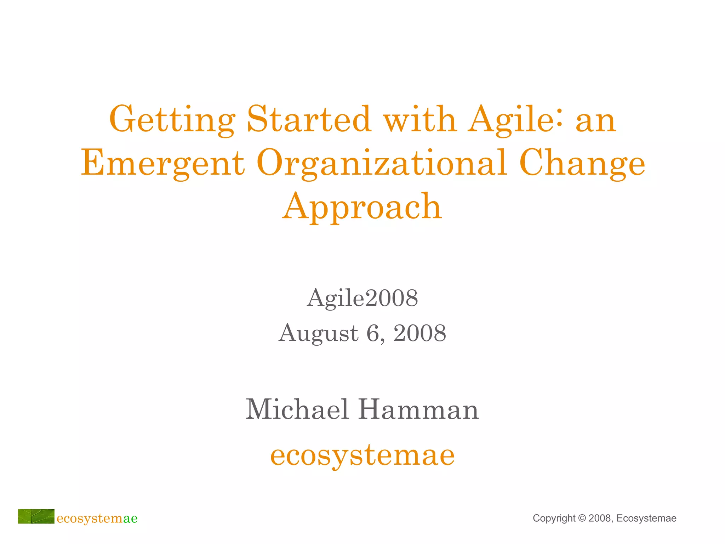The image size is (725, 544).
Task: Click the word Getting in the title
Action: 172,120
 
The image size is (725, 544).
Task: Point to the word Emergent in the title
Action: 163,164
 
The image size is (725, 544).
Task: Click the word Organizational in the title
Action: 382,164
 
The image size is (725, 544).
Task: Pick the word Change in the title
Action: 582,164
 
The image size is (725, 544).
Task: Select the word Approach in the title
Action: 362,207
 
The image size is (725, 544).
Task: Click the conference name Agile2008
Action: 362,298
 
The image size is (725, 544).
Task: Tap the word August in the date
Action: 319,334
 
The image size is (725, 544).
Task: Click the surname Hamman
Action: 418,409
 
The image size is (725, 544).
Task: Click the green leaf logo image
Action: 36,516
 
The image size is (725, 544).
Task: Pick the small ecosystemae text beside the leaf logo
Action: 97,518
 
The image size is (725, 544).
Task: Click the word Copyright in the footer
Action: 554,518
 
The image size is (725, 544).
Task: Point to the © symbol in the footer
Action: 582,518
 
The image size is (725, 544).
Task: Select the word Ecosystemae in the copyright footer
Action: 646,518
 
